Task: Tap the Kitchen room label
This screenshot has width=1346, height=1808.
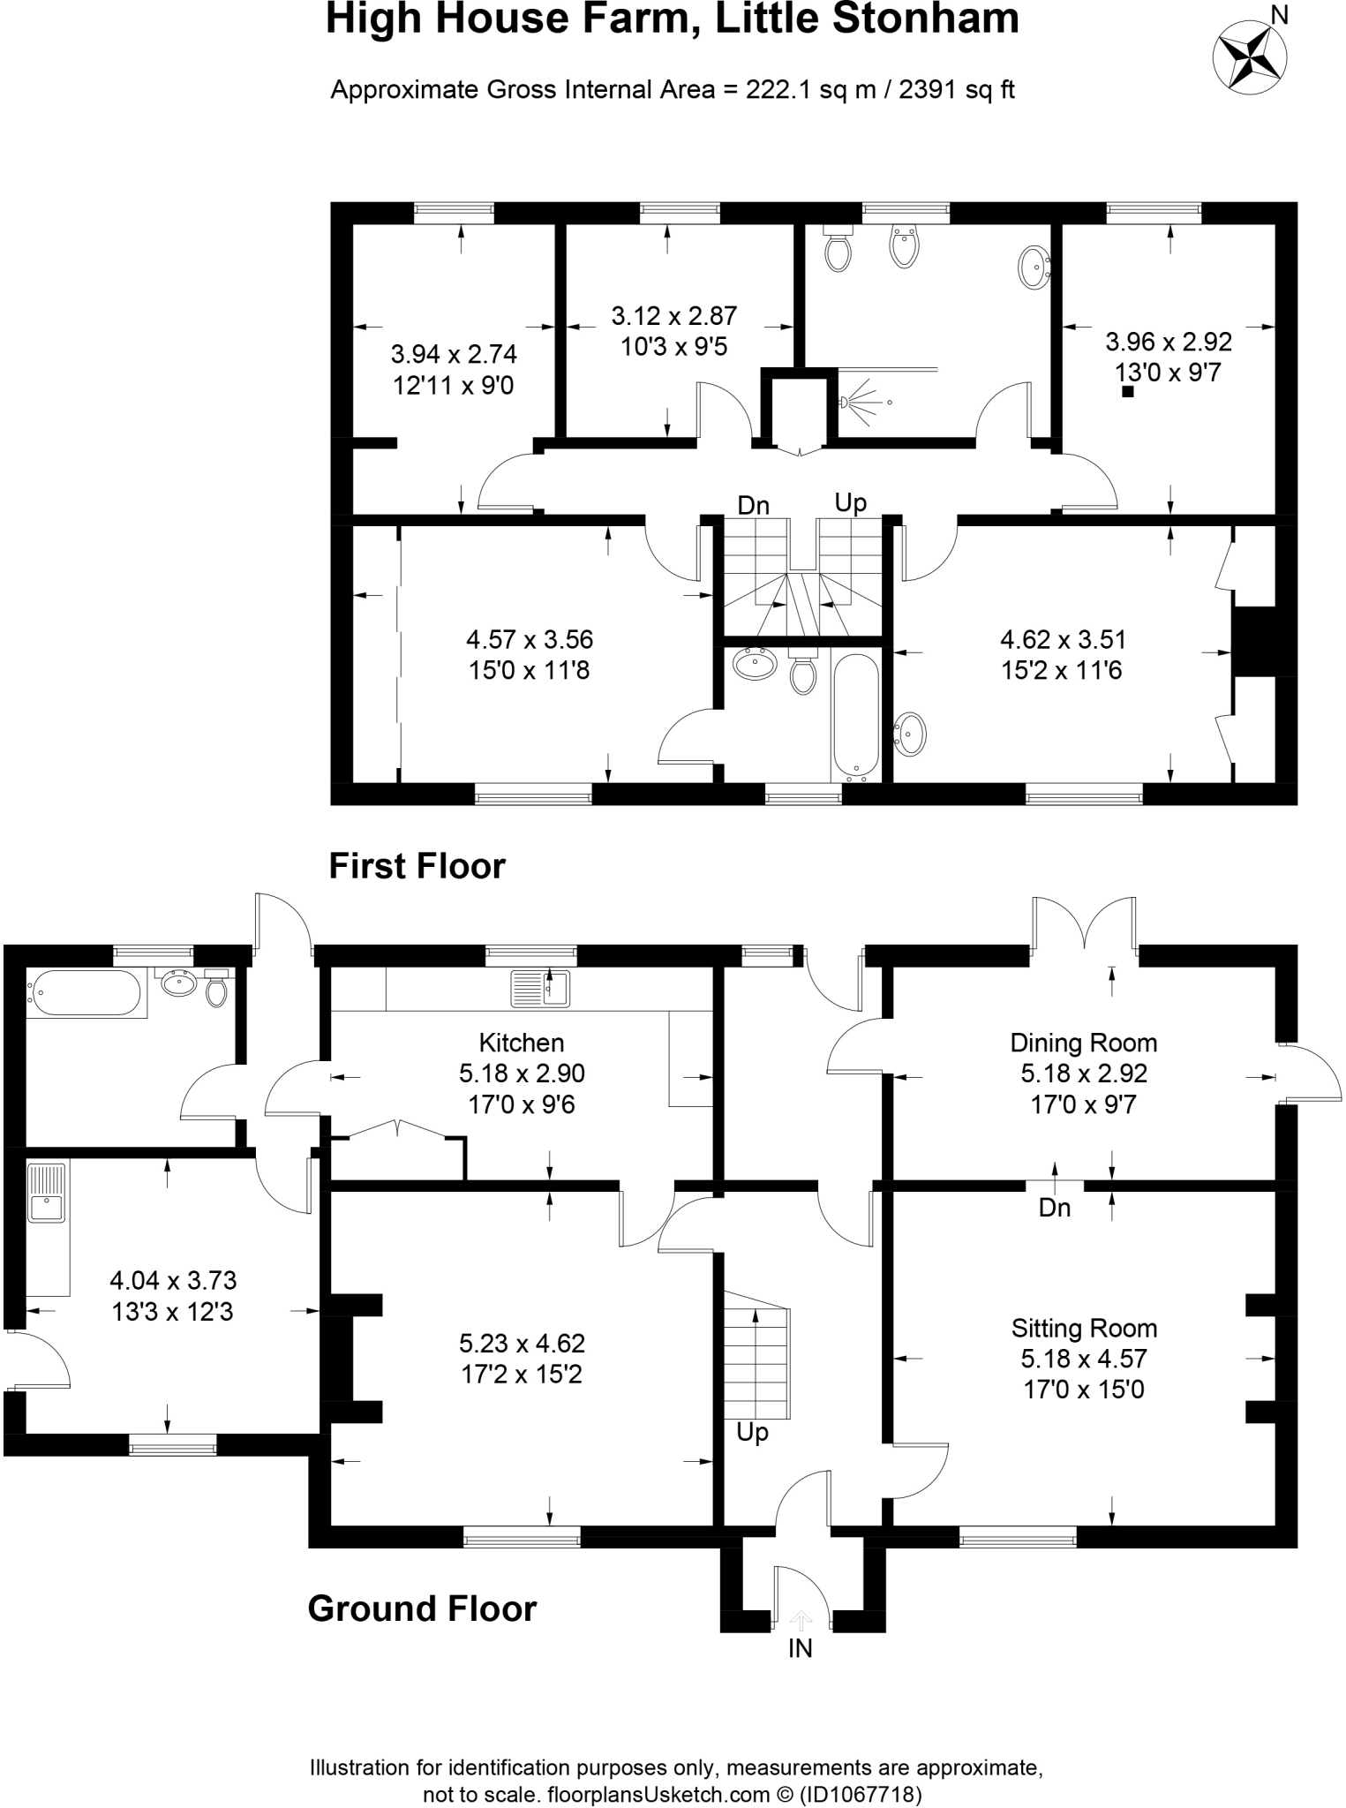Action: [x=521, y=1043]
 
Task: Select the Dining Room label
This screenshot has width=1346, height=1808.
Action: [x=1083, y=1043]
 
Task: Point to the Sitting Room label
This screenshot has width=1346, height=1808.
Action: [x=1083, y=1328]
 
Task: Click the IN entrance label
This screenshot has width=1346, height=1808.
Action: [x=800, y=1648]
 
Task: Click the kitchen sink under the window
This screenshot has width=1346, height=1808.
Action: [x=541, y=988]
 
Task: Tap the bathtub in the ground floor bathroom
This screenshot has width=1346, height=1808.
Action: [x=84, y=992]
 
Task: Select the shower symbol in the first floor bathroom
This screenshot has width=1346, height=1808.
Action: [x=861, y=402]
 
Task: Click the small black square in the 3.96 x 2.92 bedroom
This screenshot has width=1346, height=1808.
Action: [x=1127, y=392]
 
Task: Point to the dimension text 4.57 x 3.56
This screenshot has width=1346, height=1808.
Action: [x=530, y=639]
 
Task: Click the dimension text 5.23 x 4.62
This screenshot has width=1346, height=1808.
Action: [x=521, y=1343]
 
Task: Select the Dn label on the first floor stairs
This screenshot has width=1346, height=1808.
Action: [x=753, y=506]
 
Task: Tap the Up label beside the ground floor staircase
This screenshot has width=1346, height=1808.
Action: [x=752, y=1432]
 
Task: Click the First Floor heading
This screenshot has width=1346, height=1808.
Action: [x=417, y=866]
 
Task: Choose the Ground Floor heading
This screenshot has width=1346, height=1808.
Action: [x=422, y=1608]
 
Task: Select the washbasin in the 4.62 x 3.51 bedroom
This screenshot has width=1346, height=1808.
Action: [x=911, y=734]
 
